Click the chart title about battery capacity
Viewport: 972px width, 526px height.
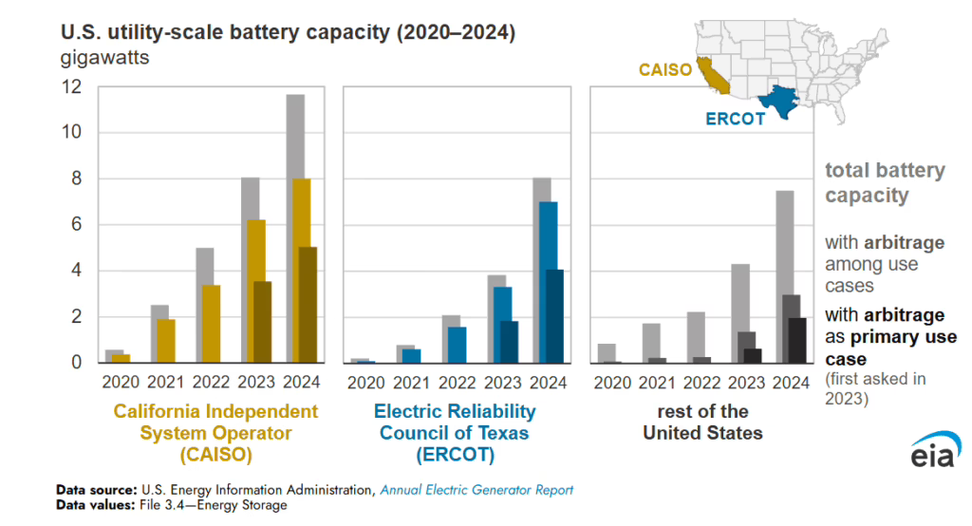click(288, 32)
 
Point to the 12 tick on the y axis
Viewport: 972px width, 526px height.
click(72, 87)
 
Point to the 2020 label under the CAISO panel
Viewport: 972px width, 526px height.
click(119, 382)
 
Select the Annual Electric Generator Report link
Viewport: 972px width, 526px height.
click(477, 490)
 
